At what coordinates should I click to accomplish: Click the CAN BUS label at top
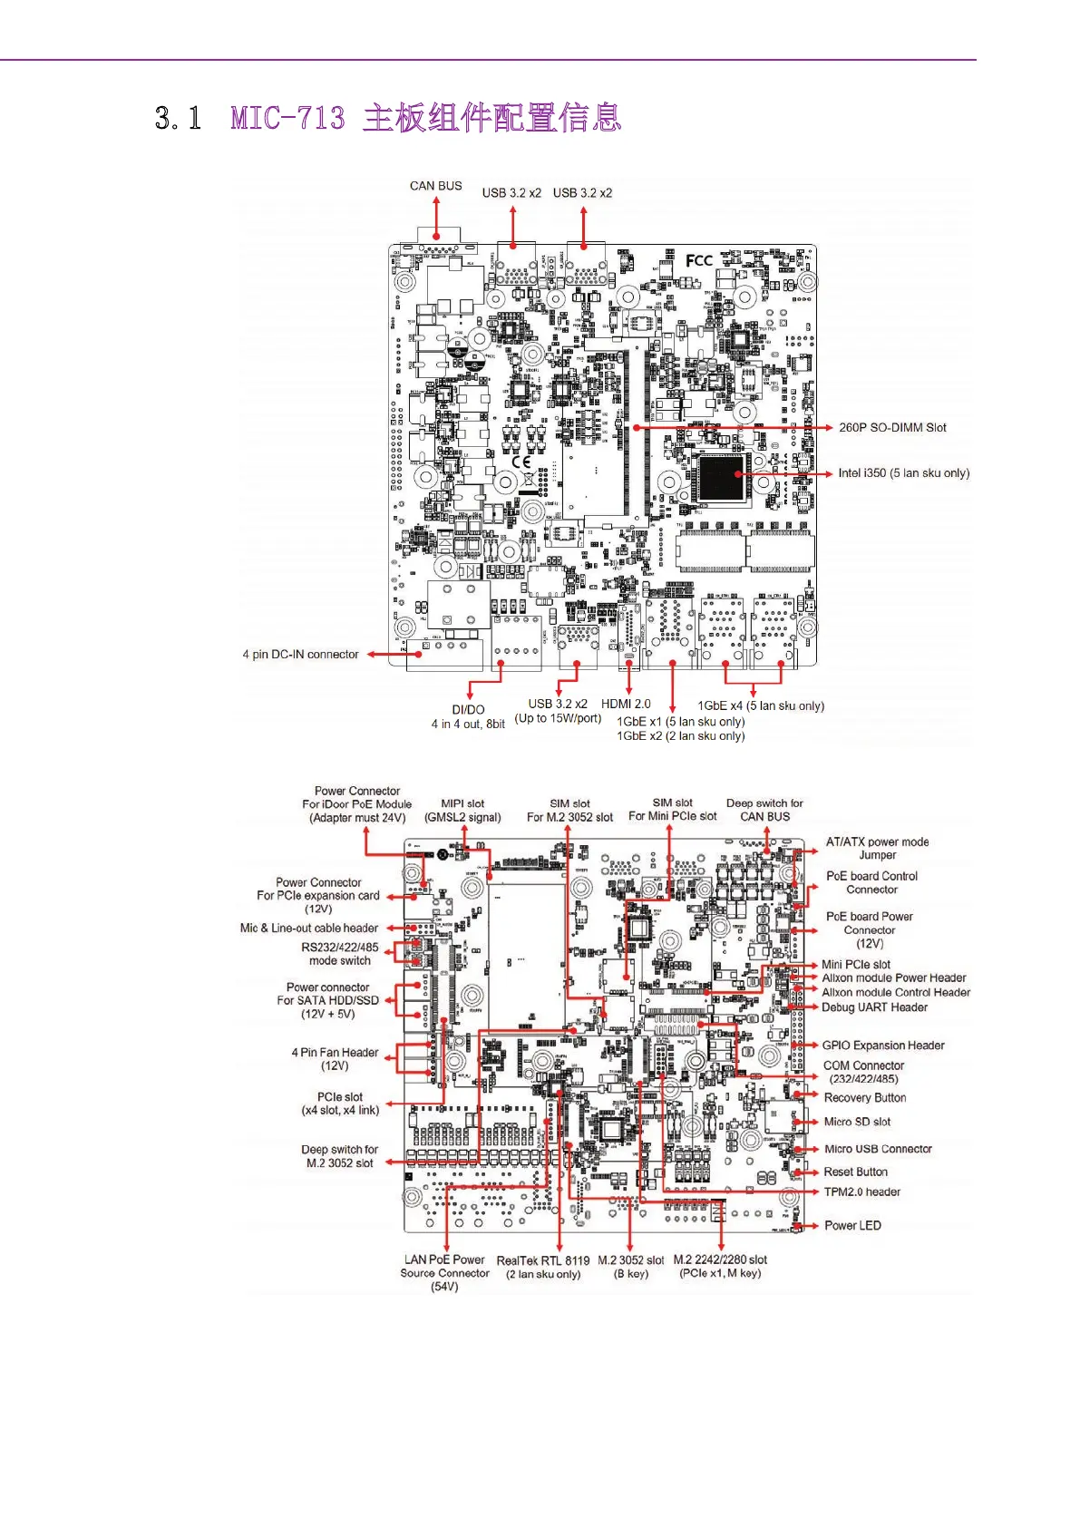pos(435,186)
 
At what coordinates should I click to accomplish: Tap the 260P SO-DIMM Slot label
pos(892,427)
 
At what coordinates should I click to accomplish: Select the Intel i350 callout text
pos(903,472)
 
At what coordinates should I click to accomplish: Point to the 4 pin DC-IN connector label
pos(300,654)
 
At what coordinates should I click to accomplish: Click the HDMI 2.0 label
pos(626,704)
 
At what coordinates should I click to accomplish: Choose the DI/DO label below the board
pos(468,710)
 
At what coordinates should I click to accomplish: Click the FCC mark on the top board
pos(698,261)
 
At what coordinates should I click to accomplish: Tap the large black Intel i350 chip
pos(722,478)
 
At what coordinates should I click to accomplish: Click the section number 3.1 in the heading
pos(178,118)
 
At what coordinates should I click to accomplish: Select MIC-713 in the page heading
pos(287,118)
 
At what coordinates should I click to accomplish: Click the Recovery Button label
pos(864,1097)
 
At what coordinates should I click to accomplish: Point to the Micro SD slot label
pos(857,1122)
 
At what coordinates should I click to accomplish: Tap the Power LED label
pos(852,1225)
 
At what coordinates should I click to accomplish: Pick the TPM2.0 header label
pos(861,1191)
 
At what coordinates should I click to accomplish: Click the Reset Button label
pos(855,1172)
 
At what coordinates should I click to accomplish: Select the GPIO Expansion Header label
pos(882,1046)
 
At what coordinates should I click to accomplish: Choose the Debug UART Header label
pos(874,1007)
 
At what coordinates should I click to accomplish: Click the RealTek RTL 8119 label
pos(542,1260)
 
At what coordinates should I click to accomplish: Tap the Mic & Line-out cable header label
pos(309,928)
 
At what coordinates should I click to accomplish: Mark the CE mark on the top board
pos(521,462)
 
